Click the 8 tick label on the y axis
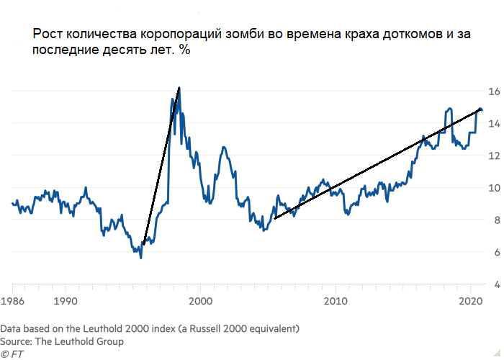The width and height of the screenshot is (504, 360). coord(495,220)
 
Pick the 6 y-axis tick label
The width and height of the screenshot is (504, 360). coord(495,252)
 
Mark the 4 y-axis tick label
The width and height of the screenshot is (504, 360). coord(495,284)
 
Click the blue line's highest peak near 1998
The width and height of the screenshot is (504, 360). coord(178,89)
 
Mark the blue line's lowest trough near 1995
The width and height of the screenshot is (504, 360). coord(140,257)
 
